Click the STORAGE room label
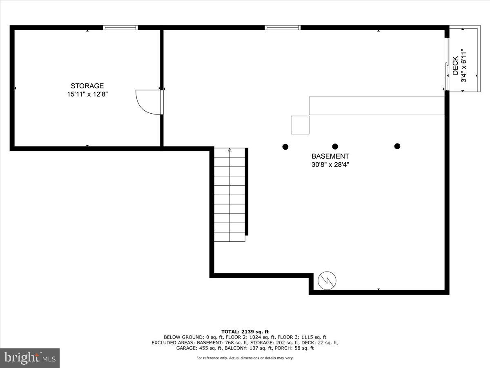click(87, 86)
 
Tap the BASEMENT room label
click(330, 156)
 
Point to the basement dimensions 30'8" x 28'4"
click(330, 165)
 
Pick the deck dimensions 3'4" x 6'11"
click(464, 66)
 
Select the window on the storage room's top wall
click(120, 28)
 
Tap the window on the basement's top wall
click(283, 28)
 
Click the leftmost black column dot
click(285, 146)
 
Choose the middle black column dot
click(335, 146)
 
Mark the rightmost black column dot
click(397, 146)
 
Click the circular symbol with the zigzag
click(328, 280)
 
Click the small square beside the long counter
click(300, 125)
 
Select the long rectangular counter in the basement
click(376, 106)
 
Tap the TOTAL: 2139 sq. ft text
click(245, 332)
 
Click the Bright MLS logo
click(30, 358)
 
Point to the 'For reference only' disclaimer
click(245, 358)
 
